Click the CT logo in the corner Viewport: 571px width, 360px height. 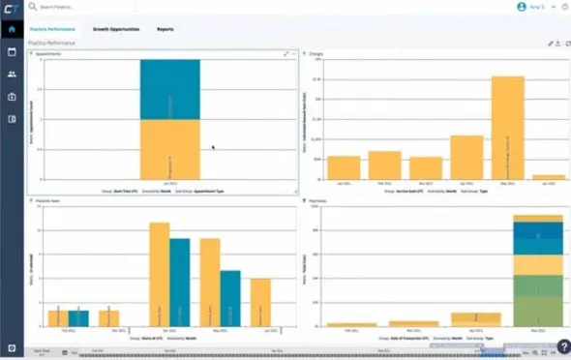[x=12, y=7]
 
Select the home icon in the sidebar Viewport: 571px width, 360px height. [x=12, y=29]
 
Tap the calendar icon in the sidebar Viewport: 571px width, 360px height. [x=12, y=51]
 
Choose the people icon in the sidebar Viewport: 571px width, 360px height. [x=12, y=74]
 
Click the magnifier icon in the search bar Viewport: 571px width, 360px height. [x=33, y=7]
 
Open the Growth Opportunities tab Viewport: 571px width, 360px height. [x=116, y=29]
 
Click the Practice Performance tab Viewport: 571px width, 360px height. [x=53, y=29]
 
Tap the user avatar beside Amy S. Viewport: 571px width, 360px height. [x=521, y=7]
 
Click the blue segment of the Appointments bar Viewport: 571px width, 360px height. [x=169, y=89]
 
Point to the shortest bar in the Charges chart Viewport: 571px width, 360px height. [x=548, y=178]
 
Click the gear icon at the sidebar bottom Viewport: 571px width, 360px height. [x=12, y=347]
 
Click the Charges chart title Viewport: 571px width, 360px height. [x=316, y=54]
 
